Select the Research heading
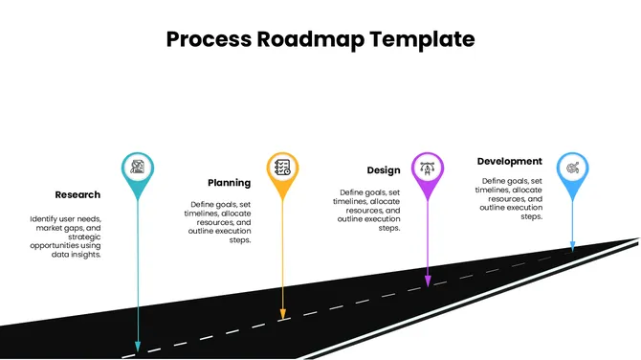point(77,194)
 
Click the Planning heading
point(230,182)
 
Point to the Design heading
point(383,170)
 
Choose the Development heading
point(509,161)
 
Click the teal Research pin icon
point(139,167)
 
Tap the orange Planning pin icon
point(282,167)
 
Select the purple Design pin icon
point(428,167)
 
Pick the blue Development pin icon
point(572,167)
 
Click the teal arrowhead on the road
point(138,345)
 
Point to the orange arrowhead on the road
point(282,313)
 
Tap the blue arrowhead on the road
point(572,247)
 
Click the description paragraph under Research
point(65,236)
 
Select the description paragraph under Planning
point(219,222)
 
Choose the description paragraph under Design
point(369,210)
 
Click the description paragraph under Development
point(511,198)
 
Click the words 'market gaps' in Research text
point(58,229)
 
